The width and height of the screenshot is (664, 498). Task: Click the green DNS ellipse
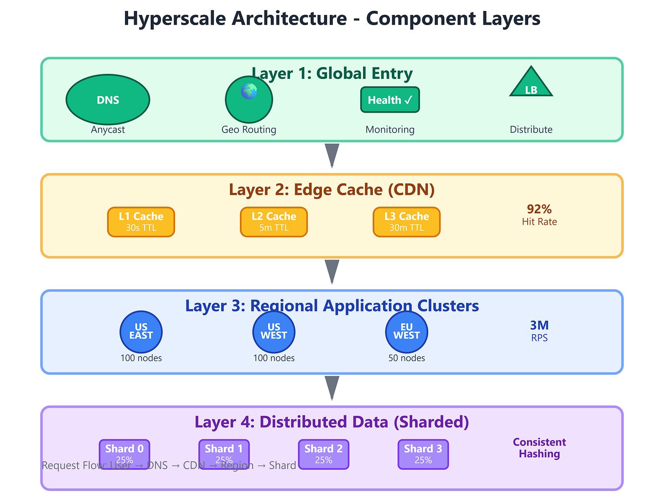click(x=108, y=100)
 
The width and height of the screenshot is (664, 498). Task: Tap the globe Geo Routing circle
click(x=249, y=100)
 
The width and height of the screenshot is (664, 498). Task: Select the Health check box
click(x=390, y=100)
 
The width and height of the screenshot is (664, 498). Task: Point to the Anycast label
click(x=108, y=130)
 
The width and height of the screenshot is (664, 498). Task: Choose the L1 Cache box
click(x=141, y=222)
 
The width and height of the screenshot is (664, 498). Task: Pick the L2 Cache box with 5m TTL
click(x=274, y=222)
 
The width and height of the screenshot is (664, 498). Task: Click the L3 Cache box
click(x=406, y=222)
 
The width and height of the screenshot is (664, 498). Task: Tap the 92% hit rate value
click(x=539, y=209)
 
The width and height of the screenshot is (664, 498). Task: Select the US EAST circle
click(x=141, y=332)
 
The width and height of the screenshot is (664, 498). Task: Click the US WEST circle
click(x=274, y=332)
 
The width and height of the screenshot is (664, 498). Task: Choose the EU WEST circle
click(x=406, y=332)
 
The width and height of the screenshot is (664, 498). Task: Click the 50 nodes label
click(x=406, y=358)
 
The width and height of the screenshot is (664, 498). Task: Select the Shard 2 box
click(x=323, y=454)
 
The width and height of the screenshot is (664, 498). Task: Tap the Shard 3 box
click(x=423, y=454)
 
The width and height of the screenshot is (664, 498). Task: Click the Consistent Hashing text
click(x=539, y=448)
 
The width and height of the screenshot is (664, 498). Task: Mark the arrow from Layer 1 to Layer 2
click(x=332, y=155)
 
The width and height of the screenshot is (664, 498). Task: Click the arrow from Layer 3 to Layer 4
click(x=332, y=388)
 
